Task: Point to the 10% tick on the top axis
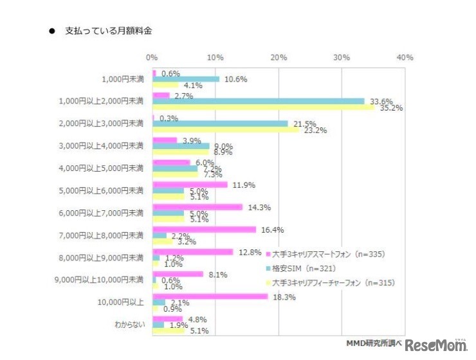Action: pyautogui.click(x=215, y=57)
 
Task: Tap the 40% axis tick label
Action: pyautogui.click(x=405, y=57)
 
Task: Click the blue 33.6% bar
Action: pyautogui.click(x=258, y=101)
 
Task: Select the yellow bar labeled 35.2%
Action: pyautogui.click(x=263, y=107)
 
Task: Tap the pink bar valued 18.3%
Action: pyautogui.click(x=210, y=296)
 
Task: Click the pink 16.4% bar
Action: pyautogui.click(x=204, y=230)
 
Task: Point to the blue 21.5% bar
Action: pyautogui.click(x=220, y=123)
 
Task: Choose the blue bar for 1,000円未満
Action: pyautogui.click(x=186, y=79)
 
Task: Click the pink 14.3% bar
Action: pyautogui.click(x=197, y=207)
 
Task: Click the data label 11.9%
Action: pyautogui.click(x=243, y=185)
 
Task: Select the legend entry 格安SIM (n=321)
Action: pyautogui.click(x=304, y=268)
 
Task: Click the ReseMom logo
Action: pyautogui.click(x=437, y=345)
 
